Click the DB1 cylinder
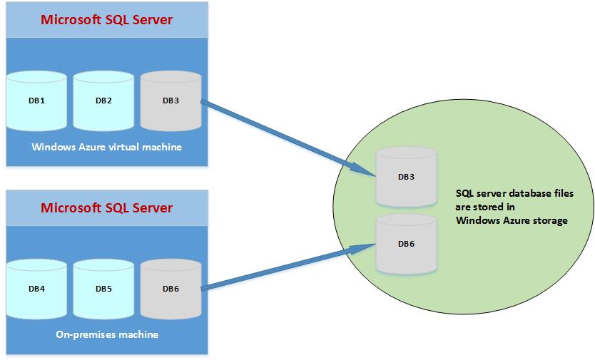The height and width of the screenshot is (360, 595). coord(38,101)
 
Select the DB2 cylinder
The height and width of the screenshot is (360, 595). coord(104,101)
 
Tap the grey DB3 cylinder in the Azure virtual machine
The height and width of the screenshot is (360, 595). coord(171,101)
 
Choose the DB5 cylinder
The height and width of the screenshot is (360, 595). coord(104,289)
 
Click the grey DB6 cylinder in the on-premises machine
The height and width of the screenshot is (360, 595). coord(171,289)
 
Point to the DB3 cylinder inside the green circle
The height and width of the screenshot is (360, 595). coord(407,177)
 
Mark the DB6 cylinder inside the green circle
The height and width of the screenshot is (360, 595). coord(407,245)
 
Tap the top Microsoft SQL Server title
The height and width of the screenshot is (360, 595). coord(106,19)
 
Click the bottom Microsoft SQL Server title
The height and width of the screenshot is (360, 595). coord(106,208)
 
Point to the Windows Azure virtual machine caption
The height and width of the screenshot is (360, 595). coord(106,148)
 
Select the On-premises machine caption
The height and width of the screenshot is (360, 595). coord(106,334)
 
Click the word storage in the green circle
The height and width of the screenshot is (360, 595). coord(549,221)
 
